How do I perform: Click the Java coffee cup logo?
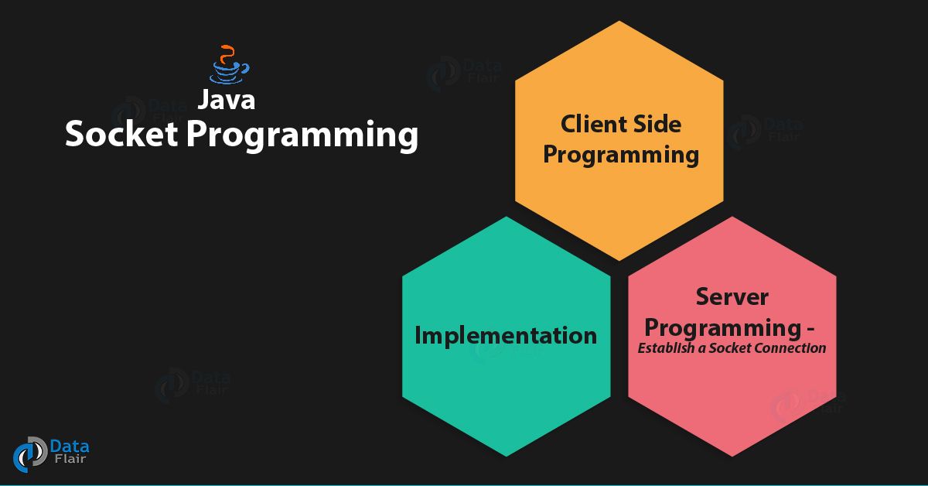[x=229, y=64]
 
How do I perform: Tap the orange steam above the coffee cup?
[x=227, y=54]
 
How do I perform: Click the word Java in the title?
[x=226, y=100]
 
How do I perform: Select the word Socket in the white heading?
[x=121, y=134]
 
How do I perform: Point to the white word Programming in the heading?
[x=302, y=136]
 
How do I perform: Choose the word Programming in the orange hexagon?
[x=620, y=155]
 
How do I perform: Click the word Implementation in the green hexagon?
[x=506, y=336]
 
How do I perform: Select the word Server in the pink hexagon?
[x=732, y=297]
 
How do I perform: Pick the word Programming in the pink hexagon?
[x=723, y=328]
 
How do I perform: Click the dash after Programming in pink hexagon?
[x=810, y=330]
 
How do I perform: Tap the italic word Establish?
[x=666, y=348]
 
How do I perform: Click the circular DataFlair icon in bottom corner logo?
[x=30, y=454]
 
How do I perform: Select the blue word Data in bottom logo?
[x=70, y=447]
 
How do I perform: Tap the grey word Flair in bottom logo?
[x=70, y=459]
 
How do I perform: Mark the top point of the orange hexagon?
[x=619, y=21]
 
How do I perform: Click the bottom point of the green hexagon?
[x=507, y=457]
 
